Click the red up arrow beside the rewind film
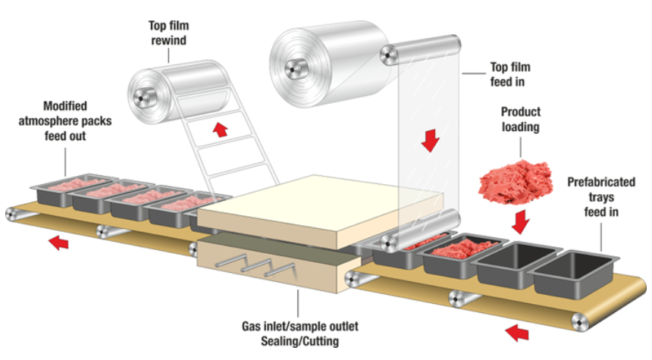(221, 130)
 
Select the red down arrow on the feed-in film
(431, 140)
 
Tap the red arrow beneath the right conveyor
(516, 330)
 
